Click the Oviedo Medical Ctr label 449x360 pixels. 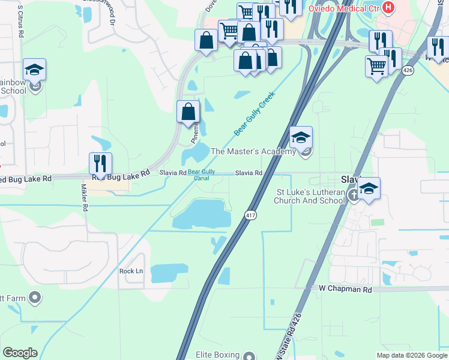point(345,9)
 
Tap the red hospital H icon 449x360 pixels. point(389,8)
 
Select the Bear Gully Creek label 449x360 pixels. point(254,113)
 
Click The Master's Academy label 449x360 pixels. point(252,151)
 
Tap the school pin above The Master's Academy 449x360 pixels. point(301,138)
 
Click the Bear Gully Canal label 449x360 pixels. point(202,174)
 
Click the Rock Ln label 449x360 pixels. point(131,271)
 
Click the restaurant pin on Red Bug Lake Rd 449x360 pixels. point(100,164)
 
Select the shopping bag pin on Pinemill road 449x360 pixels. point(188,112)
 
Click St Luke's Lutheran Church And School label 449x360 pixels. point(310,196)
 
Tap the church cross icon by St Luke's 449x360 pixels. point(354,196)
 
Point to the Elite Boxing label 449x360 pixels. point(217,355)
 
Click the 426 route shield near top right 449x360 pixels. point(408,70)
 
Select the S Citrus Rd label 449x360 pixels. point(20,22)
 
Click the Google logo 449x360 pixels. point(20,353)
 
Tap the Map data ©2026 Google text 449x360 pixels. point(411,355)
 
